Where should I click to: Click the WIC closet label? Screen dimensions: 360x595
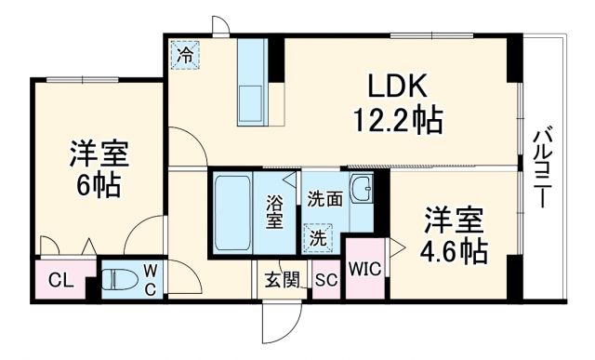[x=364, y=270]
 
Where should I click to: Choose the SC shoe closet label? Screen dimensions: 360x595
[x=325, y=279]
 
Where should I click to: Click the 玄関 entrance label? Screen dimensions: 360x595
[x=282, y=279]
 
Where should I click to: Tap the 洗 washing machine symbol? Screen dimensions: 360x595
[x=318, y=237]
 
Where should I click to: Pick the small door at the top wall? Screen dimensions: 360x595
[x=221, y=26]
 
